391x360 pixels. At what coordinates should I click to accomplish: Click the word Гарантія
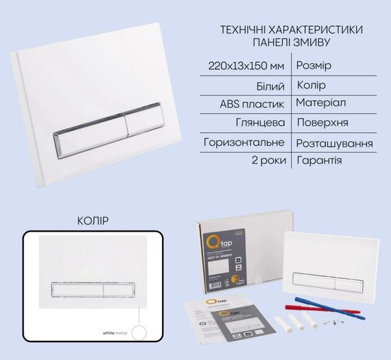[x=319, y=161]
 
